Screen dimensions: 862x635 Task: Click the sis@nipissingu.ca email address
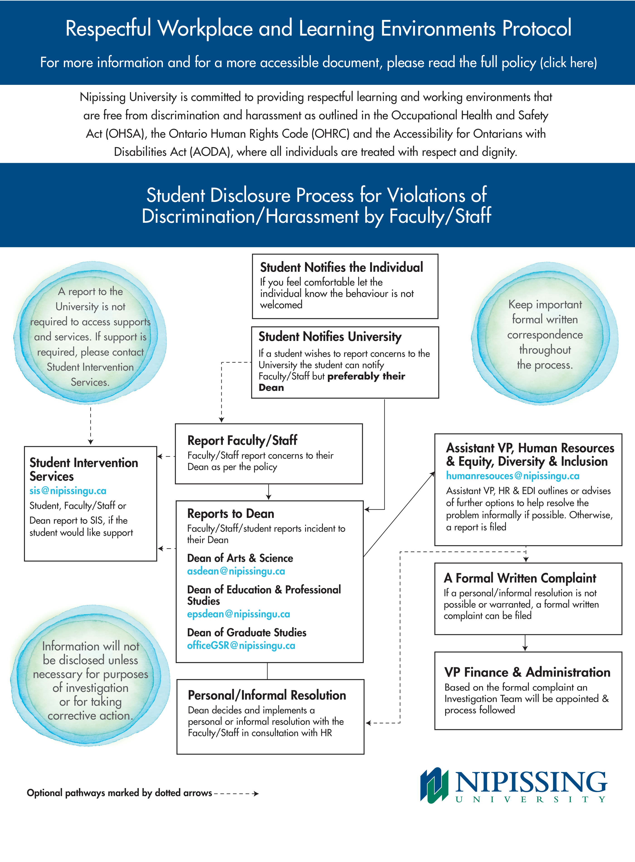pyautogui.click(x=68, y=491)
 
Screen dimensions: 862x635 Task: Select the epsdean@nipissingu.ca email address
pyautogui.click(x=238, y=614)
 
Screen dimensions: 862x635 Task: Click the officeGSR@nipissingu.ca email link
pyautogui.click(x=241, y=646)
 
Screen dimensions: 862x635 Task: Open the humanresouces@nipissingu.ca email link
pyautogui.click(x=512, y=476)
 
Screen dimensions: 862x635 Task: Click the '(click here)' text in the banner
pyautogui.click(x=569, y=63)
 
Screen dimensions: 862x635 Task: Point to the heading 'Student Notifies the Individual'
pyautogui.click(x=341, y=267)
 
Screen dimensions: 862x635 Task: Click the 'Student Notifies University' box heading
pyautogui.click(x=330, y=337)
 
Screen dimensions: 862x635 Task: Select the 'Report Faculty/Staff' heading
pyautogui.click(x=242, y=440)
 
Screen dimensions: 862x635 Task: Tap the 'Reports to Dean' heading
pyautogui.click(x=231, y=514)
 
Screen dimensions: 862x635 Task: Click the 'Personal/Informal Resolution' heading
pyautogui.click(x=267, y=695)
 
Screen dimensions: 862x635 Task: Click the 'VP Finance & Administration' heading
pyautogui.click(x=527, y=672)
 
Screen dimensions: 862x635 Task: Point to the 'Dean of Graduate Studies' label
pyautogui.click(x=246, y=632)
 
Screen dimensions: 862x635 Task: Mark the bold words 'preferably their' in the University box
pyautogui.click(x=366, y=376)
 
